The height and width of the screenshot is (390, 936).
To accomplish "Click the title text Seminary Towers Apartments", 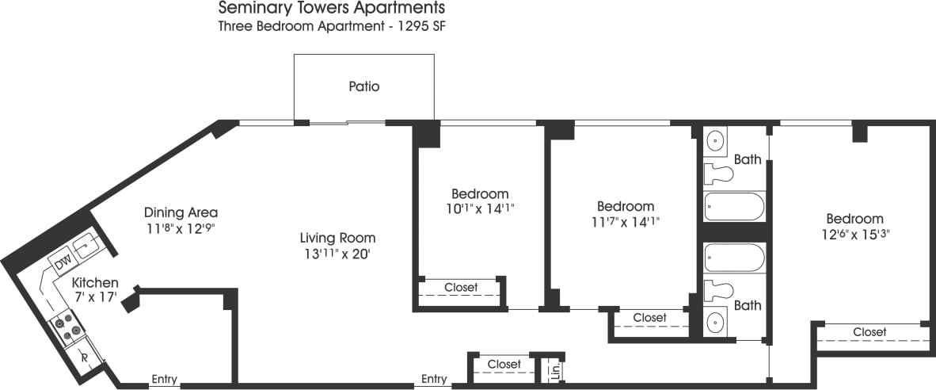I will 331,9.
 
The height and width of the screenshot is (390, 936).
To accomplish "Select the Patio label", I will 363,86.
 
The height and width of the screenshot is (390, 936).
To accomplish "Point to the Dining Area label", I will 181,212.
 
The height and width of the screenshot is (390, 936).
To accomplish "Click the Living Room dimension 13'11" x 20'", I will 337,254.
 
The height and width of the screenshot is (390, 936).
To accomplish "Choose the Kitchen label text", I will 95,283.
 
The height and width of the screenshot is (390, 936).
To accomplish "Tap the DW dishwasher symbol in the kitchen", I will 63,261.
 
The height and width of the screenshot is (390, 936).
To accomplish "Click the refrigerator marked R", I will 84,357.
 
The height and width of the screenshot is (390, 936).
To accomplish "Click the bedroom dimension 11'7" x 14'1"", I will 625,222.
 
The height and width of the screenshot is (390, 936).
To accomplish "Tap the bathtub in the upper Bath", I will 734,207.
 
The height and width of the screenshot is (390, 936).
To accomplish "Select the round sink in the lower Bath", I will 716,323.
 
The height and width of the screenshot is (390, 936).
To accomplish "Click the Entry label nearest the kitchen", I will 165,379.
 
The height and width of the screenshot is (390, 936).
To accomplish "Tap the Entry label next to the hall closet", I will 434,379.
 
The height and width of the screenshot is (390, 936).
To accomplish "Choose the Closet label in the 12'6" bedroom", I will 869,331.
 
